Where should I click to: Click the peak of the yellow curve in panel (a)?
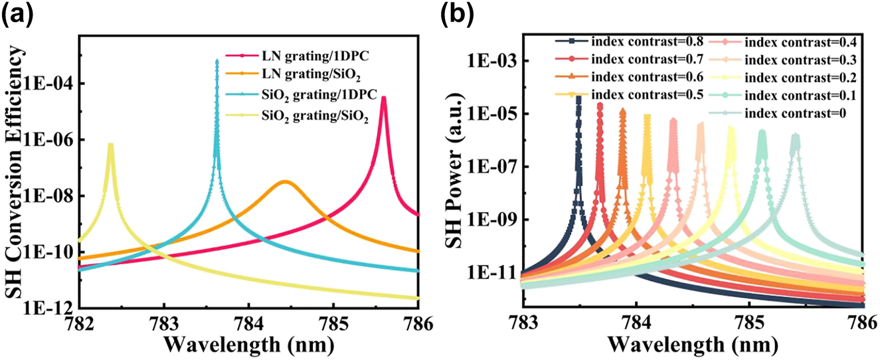tap(110, 144)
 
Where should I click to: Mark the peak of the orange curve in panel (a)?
tap(285, 181)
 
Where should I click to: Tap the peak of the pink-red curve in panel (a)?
tap(383, 98)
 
